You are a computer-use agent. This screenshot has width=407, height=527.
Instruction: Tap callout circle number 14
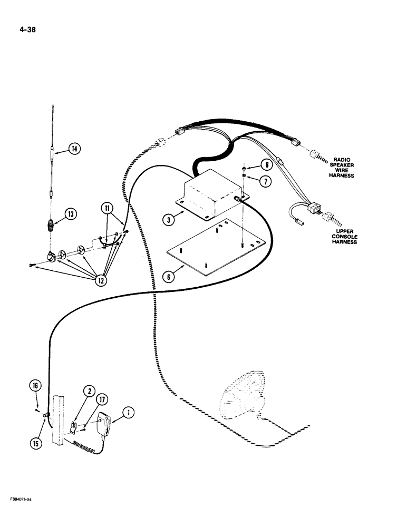pyautogui.click(x=75, y=149)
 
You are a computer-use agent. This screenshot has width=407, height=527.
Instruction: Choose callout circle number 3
pyautogui.click(x=168, y=219)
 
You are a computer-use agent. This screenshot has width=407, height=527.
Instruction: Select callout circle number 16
pyautogui.click(x=35, y=387)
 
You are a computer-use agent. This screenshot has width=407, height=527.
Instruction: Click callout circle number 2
pyautogui.click(x=90, y=391)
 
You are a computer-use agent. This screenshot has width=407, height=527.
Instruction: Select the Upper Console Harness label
pyautogui.click(x=344, y=236)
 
